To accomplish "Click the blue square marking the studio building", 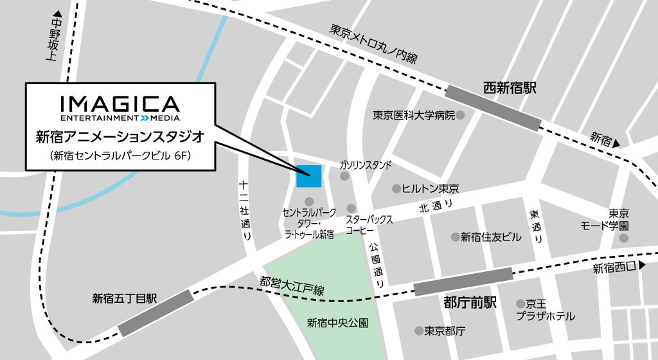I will [308, 175].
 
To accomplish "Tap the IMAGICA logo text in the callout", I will [120, 104].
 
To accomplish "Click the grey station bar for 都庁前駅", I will [463, 281].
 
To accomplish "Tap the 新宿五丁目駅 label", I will [125, 298].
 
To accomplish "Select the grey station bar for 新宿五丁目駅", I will [156, 312].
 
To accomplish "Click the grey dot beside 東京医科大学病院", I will [461, 116].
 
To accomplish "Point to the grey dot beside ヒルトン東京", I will [396, 188].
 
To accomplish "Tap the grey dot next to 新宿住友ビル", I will [455, 237].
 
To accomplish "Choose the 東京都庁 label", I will [445, 331].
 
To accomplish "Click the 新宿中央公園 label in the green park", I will [337, 323].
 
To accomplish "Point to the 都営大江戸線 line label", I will [292, 286].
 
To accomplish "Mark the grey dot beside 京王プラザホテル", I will [520, 303].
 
